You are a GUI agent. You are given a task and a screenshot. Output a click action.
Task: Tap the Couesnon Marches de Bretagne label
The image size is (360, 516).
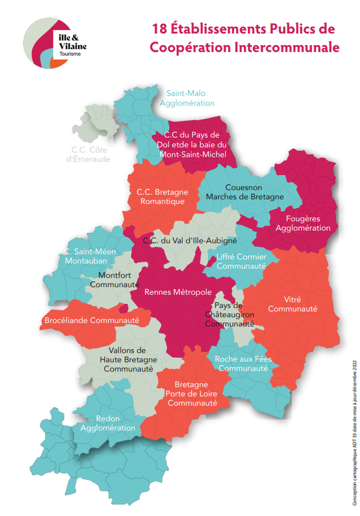click(245, 192)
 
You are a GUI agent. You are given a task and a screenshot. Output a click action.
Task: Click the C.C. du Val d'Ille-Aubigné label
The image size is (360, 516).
click(190, 240)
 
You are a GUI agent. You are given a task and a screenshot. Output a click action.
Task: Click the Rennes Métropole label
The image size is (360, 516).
click(178, 292)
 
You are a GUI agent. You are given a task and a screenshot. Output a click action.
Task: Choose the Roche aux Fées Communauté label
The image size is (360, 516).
click(242, 364)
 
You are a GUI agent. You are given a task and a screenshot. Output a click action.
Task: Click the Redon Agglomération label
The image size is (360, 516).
click(108, 423)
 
